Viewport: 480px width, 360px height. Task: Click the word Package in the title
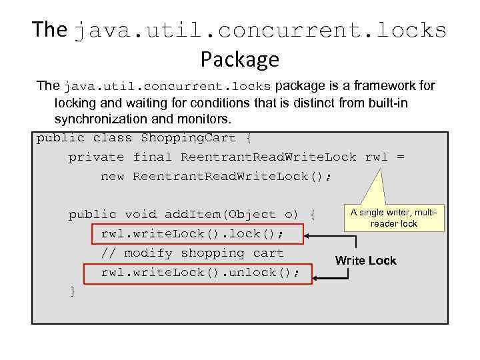tap(239, 60)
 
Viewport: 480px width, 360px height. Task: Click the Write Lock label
tap(365, 261)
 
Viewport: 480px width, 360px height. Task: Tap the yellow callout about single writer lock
tap(394, 218)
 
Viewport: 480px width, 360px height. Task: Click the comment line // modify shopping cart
tap(192, 253)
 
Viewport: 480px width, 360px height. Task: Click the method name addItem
tap(193, 215)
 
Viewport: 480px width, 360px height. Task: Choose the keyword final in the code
tap(153, 157)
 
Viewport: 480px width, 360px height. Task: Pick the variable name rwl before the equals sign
tap(377, 157)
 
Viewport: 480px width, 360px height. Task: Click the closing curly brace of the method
tap(72, 291)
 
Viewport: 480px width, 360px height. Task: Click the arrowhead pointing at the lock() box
tap(308, 234)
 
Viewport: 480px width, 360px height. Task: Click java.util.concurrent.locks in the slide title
tap(260, 30)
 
